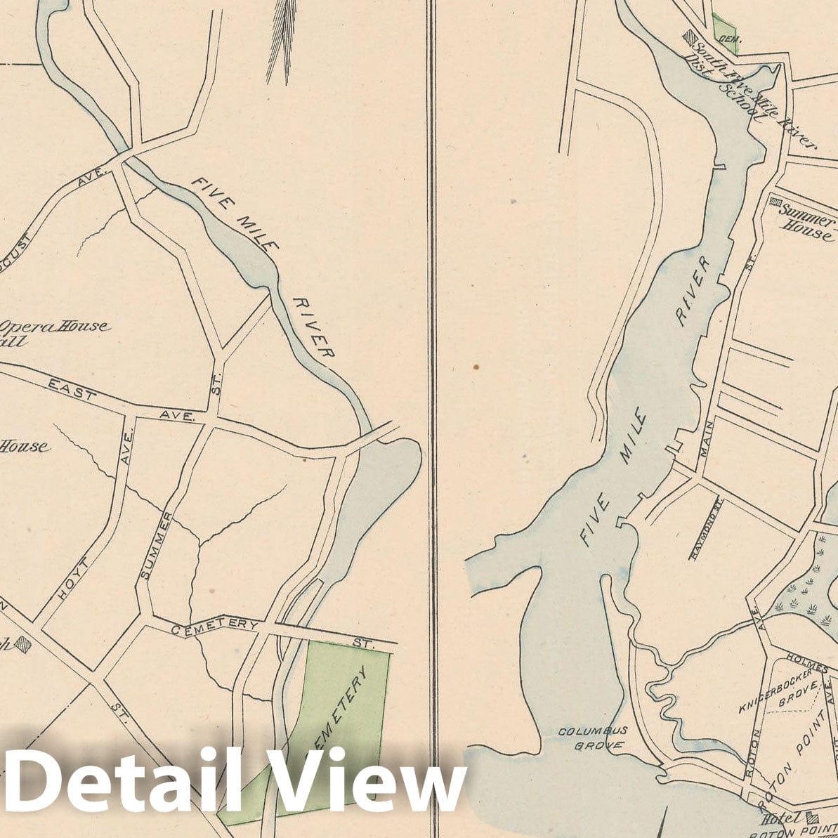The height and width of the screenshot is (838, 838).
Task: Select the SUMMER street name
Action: tap(156, 546)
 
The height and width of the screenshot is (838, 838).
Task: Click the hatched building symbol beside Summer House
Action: tap(775, 203)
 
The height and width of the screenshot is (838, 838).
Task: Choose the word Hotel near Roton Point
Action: tap(780, 818)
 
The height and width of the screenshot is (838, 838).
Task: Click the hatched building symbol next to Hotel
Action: tap(813, 817)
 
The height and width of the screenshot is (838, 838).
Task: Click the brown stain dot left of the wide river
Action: tap(476, 366)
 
